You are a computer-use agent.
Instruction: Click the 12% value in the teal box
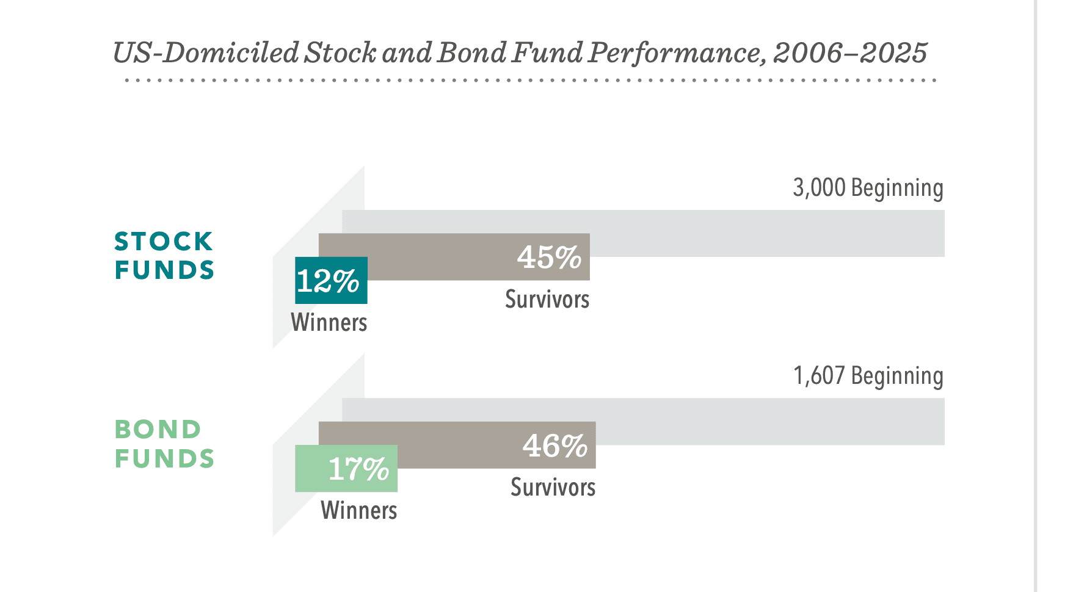click(x=328, y=281)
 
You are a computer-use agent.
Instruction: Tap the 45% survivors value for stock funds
click(x=549, y=258)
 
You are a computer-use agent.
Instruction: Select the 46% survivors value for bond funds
click(x=555, y=446)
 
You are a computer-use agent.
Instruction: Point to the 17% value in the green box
click(x=358, y=469)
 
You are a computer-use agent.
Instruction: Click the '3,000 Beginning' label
click(x=868, y=189)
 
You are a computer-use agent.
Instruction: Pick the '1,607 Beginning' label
click(x=868, y=377)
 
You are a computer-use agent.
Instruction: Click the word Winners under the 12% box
click(x=329, y=322)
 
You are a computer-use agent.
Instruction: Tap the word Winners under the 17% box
click(x=359, y=510)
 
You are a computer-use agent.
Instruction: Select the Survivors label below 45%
click(x=547, y=299)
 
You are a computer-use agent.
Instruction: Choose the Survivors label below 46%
click(x=553, y=487)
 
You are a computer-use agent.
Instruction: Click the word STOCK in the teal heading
click(x=164, y=242)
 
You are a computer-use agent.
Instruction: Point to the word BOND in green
click(x=158, y=430)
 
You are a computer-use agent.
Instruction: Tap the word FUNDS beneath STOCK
click(x=164, y=270)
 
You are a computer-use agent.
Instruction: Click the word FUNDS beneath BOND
click(x=164, y=458)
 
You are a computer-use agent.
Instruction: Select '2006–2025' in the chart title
click(x=850, y=53)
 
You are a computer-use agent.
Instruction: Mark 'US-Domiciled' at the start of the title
click(x=206, y=52)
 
